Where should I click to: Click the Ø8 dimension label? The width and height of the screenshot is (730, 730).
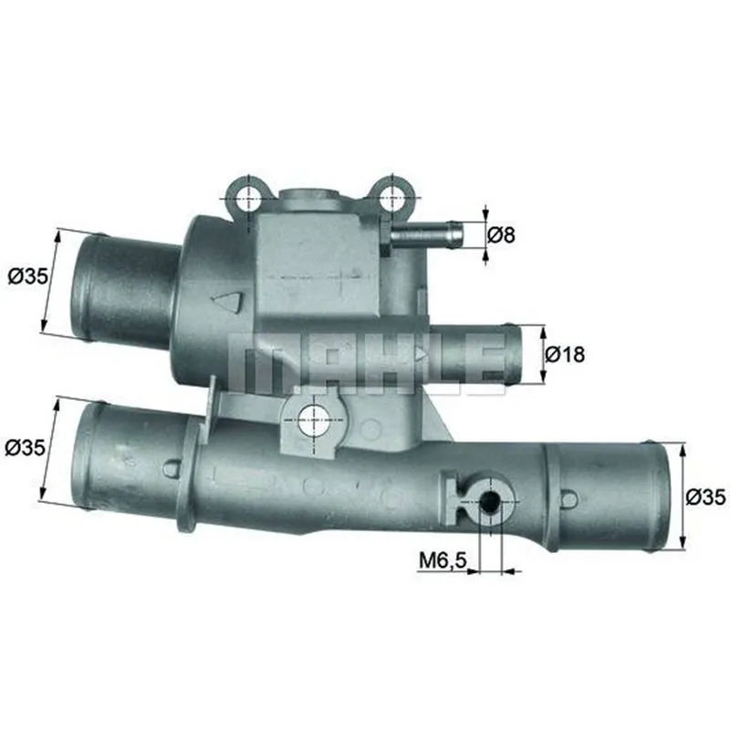coord(502,235)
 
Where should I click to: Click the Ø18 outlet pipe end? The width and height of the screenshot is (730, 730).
coord(513,354)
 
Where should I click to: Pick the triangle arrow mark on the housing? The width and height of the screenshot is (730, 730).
coord(227,300)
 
